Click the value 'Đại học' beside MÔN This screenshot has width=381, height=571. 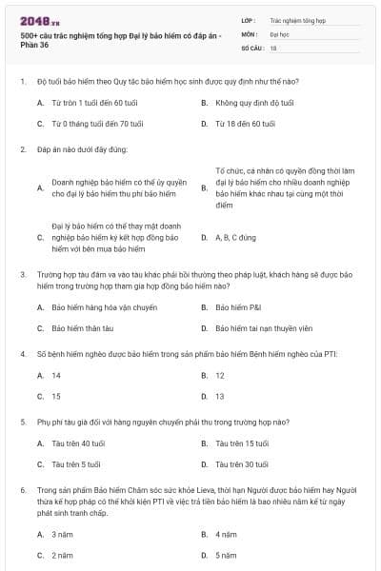tap(279, 32)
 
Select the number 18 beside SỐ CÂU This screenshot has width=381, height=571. tap(273, 47)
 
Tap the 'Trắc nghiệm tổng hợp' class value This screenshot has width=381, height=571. tap(296, 19)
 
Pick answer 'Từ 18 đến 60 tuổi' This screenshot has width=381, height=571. tap(245, 124)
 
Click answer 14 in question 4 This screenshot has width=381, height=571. tap(56, 375)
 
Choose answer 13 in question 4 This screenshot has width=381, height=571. tap(220, 396)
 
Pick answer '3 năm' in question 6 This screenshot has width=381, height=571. tap(62, 534)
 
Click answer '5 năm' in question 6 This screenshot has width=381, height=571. tap(226, 555)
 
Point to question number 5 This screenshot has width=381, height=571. tap(22, 421)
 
